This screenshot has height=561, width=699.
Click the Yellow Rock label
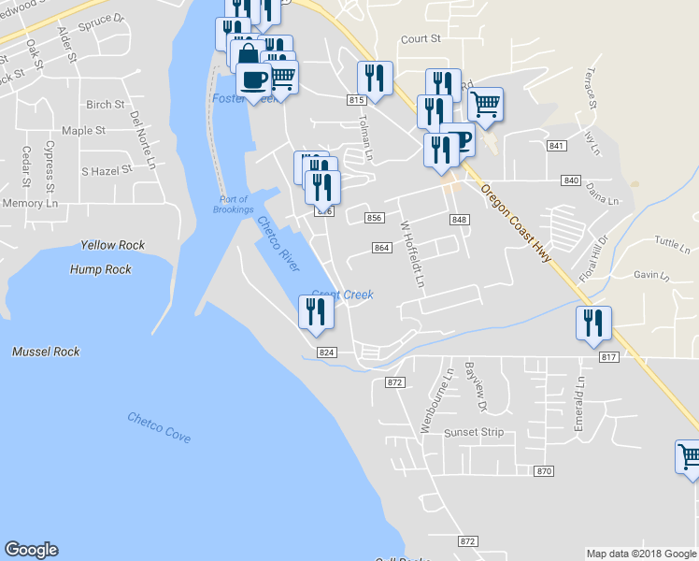coord(112,245)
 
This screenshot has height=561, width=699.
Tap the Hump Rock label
coord(101,269)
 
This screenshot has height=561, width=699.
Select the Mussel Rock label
coord(46,352)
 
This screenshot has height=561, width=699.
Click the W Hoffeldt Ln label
coord(412,253)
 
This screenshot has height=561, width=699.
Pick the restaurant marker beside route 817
coord(593,324)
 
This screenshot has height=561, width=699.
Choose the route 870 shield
coord(545,471)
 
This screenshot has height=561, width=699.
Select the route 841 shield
coord(557,146)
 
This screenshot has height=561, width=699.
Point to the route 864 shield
coord(381,248)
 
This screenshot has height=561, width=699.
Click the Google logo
coord(31,550)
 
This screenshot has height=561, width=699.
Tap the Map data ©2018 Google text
coord(640,554)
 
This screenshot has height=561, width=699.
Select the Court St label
coord(421,39)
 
